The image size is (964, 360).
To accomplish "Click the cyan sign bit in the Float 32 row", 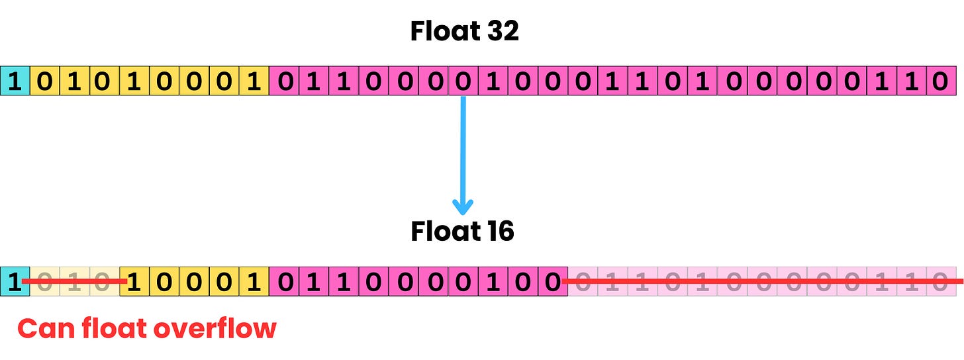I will [x=15, y=81].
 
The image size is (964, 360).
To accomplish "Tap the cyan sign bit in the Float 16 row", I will [x=15, y=281].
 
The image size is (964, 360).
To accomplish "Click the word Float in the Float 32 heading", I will [x=440, y=31].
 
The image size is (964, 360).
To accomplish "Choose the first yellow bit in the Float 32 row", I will [x=44, y=81].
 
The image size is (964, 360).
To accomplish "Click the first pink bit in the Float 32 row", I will [x=284, y=81].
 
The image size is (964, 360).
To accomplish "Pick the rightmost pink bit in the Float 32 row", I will [x=941, y=81].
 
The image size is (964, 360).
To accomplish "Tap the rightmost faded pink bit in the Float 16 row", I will [x=941, y=281].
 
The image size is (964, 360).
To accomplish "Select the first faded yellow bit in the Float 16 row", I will [x=44, y=281].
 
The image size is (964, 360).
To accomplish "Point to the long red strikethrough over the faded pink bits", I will [x=761, y=281].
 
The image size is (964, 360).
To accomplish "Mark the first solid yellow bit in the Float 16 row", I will [x=134, y=281].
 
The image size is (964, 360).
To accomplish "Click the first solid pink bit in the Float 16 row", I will [x=284, y=281].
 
